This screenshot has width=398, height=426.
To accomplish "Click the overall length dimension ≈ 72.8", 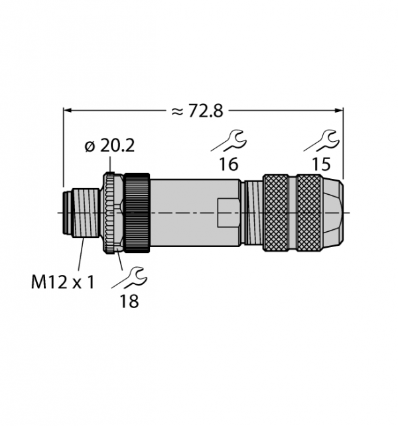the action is tap(198, 111).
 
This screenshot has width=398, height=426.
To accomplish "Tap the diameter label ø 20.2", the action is tap(109, 146).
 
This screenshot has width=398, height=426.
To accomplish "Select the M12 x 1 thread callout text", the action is tap(62, 282).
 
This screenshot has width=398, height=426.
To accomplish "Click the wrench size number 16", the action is tap(228, 164).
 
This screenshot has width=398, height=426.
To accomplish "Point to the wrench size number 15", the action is tap(321, 164).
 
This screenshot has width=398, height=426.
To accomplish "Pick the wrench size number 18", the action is tap(129, 301).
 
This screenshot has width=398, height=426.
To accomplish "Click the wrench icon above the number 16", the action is tap(229, 140).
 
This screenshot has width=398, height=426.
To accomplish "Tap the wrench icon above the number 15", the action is tap(322, 140).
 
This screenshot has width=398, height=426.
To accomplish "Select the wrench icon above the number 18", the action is tap(129, 278).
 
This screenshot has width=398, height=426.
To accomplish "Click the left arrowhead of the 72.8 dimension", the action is tap(67, 110).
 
